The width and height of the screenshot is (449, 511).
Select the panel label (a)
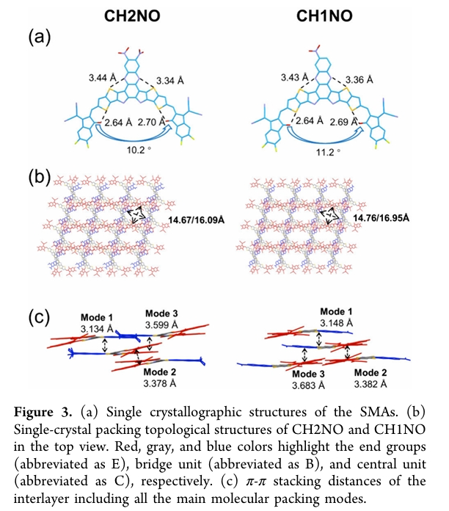(x=40, y=37)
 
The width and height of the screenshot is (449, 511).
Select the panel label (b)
(x=40, y=178)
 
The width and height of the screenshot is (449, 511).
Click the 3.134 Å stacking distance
(x=98, y=329)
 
